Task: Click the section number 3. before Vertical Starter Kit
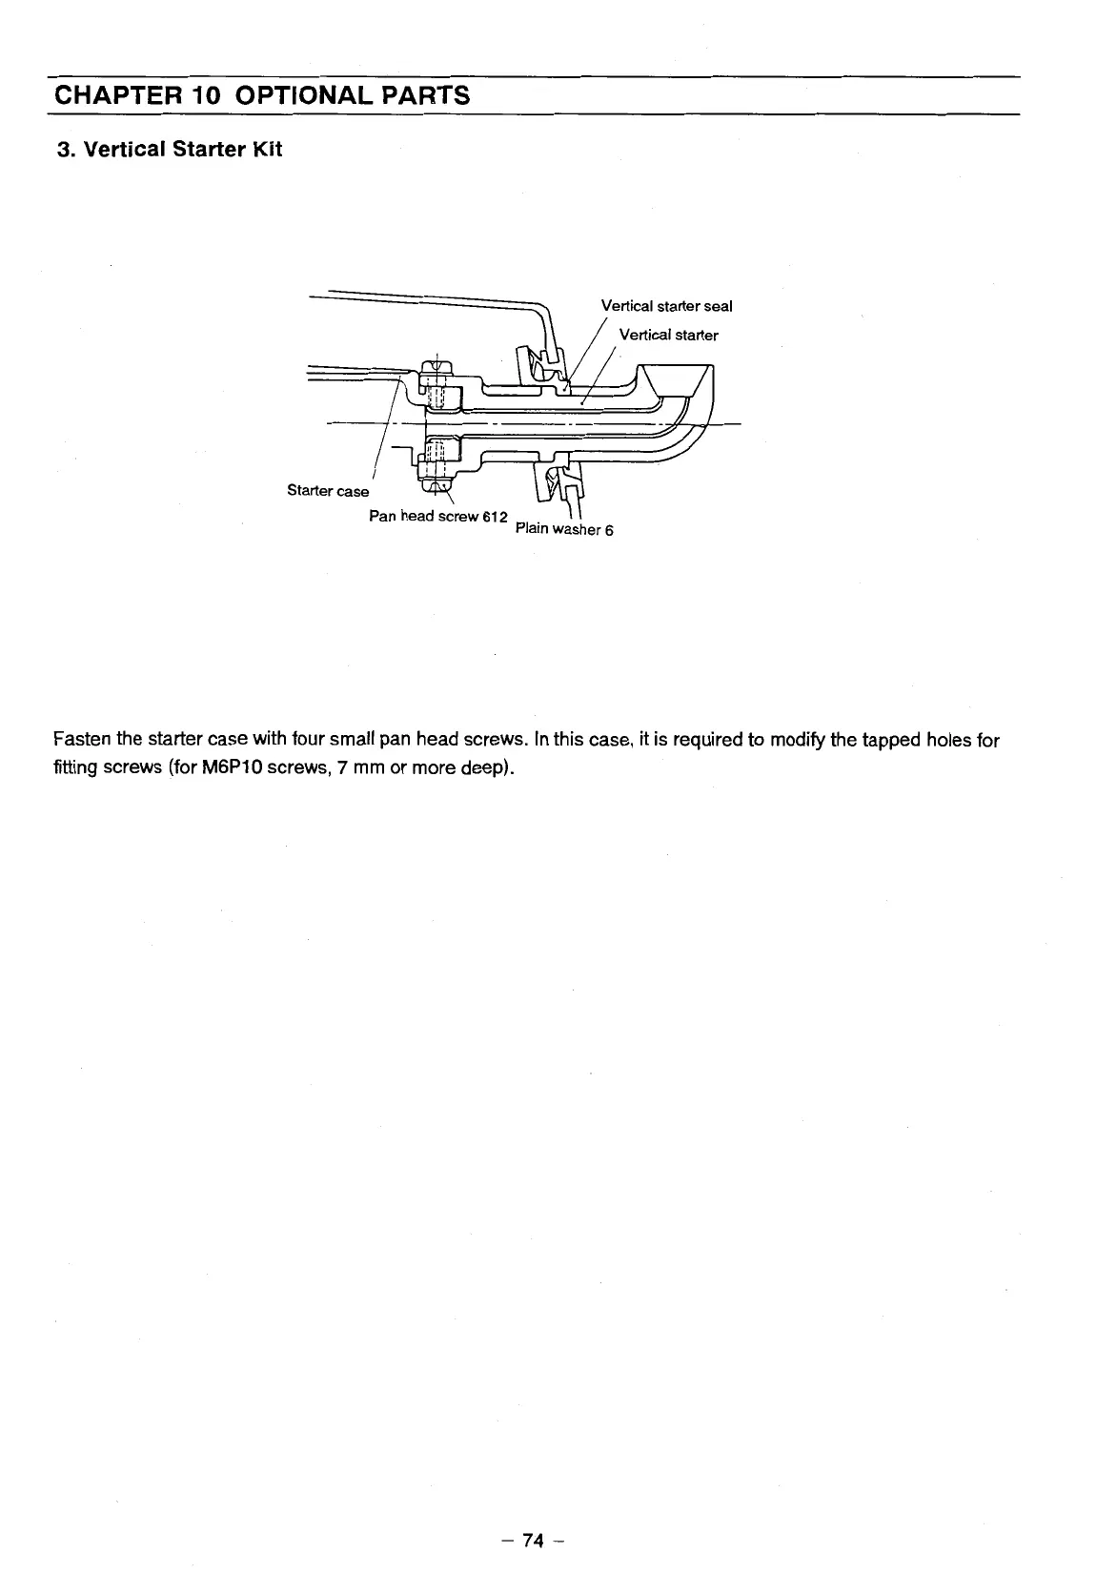point(65,150)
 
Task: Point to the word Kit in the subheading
point(265,150)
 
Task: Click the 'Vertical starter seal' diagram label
point(666,306)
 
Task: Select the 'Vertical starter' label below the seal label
point(668,335)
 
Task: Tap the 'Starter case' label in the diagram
point(328,491)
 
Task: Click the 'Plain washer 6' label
point(563,529)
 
